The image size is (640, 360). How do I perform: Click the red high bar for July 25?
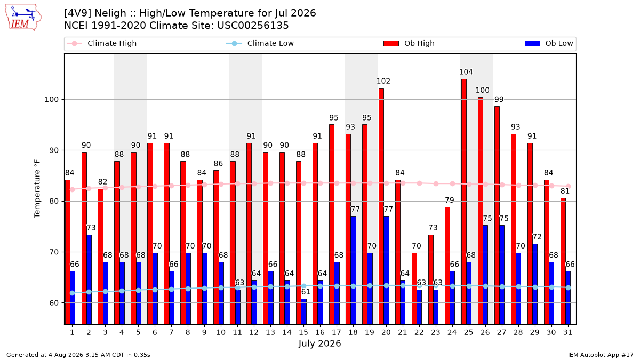tap(463, 202)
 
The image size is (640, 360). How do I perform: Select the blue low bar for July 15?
tap(303, 311)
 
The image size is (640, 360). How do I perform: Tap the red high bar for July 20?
tap(381, 206)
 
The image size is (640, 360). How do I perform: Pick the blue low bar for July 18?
tap(353, 270)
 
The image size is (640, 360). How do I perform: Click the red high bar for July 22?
tap(414, 289)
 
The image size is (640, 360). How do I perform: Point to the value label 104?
tap(466, 72)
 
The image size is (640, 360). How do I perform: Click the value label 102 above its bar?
tap(383, 81)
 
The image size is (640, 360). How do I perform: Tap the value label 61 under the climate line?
tap(306, 292)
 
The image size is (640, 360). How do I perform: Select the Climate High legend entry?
tap(101, 43)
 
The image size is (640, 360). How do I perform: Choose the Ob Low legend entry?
tap(549, 43)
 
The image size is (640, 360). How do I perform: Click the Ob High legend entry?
tap(409, 43)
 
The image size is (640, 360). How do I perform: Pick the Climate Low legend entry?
tap(260, 43)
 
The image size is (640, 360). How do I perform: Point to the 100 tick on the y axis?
tap(51, 100)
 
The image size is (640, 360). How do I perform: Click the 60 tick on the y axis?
tap(54, 303)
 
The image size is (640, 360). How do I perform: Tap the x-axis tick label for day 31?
tap(567, 333)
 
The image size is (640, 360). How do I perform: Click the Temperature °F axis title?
tap(37, 189)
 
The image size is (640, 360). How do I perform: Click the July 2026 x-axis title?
tap(319, 343)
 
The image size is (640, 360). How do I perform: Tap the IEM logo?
tap(23, 18)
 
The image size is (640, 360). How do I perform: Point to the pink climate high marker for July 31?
tap(568, 186)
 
